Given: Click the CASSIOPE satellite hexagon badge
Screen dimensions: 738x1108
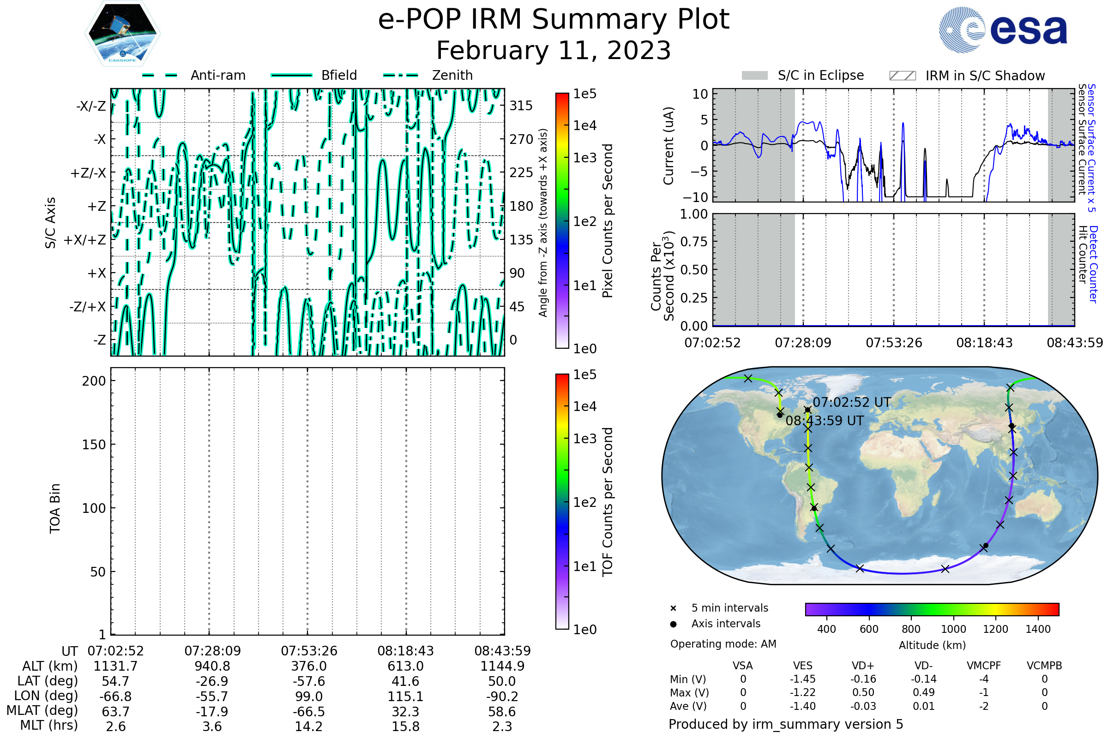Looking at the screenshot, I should [122, 33].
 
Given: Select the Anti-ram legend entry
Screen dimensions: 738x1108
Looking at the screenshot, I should [194, 75].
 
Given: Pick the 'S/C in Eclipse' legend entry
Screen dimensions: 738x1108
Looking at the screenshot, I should [803, 75].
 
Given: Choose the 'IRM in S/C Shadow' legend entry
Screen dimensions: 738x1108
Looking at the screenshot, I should [967, 76].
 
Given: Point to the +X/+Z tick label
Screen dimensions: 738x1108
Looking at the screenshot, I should [85, 240].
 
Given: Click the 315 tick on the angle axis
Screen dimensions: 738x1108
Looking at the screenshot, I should [521, 106].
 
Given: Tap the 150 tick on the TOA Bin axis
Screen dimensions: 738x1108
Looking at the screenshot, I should [94, 445].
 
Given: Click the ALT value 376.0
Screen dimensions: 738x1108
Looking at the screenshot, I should [308, 666].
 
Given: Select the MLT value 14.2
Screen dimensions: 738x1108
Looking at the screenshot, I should [308, 726].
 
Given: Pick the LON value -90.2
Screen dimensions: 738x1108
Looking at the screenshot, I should [502, 696].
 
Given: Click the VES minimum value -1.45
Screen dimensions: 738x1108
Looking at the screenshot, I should [802, 679].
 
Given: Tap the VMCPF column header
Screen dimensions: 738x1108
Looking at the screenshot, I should [984, 666].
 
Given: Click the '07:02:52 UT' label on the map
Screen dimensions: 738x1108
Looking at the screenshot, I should [852, 402].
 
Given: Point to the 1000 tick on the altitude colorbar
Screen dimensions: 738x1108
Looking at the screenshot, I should [953, 629].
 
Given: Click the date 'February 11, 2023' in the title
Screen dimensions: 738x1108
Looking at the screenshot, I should [554, 50].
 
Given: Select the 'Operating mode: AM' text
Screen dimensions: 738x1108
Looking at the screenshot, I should [723, 644].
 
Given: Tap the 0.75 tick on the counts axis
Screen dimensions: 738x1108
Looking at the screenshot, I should [694, 242].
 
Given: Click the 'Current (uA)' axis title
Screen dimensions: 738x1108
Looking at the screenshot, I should [668, 146].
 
